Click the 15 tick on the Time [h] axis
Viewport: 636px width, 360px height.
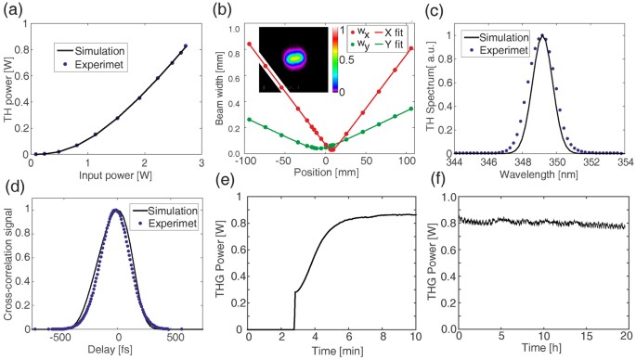coord(582,339)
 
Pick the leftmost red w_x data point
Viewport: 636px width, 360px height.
coord(248,44)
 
